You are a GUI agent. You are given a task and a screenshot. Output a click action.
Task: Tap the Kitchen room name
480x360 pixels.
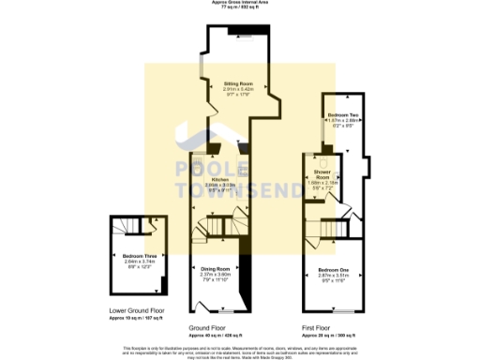(x=220, y=179)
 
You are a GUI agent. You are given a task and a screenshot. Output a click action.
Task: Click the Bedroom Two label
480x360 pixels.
(x=342, y=114)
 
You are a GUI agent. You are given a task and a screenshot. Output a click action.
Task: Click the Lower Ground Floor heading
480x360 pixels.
(x=138, y=308)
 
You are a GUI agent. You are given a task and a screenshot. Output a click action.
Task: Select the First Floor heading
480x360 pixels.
(x=315, y=328)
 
